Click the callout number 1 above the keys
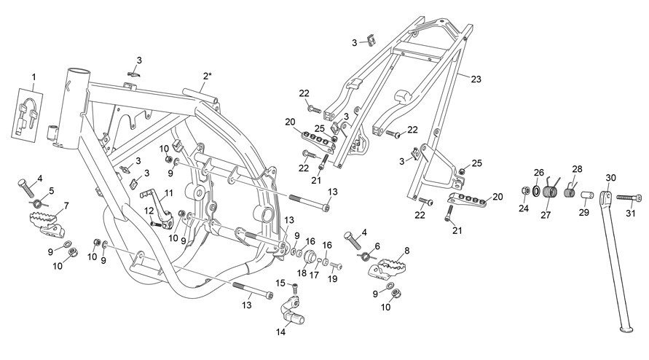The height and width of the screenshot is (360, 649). (x=34, y=77)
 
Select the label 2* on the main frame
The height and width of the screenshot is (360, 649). (x=208, y=76)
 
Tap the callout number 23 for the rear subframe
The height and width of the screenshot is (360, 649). (x=476, y=79)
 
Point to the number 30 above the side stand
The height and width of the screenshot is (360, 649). (x=611, y=178)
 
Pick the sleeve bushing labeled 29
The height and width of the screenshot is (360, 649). (x=587, y=195)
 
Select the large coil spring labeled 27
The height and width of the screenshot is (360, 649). (x=551, y=193)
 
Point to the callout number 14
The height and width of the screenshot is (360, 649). (x=281, y=332)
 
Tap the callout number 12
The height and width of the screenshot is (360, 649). (x=149, y=211)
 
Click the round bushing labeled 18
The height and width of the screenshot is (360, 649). (x=310, y=257)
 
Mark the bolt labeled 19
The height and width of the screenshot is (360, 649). (x=336, y=266)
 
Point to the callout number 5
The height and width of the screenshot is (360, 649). (x=51, y=190)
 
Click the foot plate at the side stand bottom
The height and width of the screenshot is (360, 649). (x=626, y=329)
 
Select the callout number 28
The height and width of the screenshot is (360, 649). (x=577, y=169)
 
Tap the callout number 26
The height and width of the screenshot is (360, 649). (x=538, y=172)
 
